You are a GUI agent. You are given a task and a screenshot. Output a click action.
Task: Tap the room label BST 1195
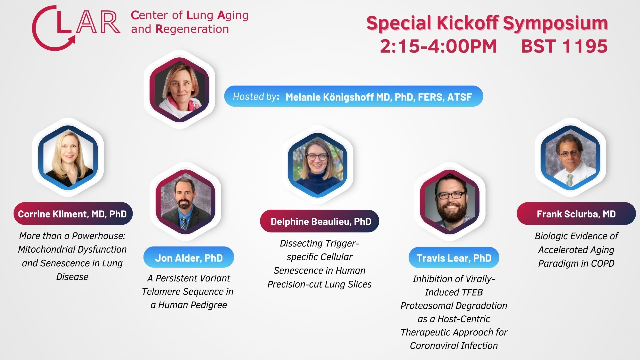coord(564,46)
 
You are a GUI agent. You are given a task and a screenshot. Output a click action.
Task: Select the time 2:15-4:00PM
coord(438,46)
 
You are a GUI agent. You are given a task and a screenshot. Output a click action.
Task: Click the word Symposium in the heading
coord(555,23)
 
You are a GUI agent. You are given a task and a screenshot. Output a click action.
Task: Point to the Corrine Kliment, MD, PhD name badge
coord(73,214)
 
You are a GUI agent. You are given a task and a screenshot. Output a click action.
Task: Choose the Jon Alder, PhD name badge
coord(189,258)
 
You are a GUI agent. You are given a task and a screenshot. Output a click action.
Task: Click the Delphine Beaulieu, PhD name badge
coord(320,221)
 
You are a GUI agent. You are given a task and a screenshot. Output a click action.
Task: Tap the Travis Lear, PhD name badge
coord(454,258)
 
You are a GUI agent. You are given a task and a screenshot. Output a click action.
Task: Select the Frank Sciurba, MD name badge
coord(576,214)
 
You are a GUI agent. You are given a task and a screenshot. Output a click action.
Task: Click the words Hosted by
coord(255,97)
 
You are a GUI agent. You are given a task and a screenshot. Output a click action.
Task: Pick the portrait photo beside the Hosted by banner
coord(179,89)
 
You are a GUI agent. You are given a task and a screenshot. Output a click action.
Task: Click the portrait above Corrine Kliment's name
coord(68,157)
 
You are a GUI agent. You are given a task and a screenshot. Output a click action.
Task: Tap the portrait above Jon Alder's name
coord(185,201)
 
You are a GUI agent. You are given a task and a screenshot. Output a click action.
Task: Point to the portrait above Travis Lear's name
coord(450,201)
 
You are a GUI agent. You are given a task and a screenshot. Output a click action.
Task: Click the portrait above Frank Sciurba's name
coord(570,157)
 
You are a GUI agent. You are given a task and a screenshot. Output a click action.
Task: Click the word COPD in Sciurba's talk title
coord(603,263)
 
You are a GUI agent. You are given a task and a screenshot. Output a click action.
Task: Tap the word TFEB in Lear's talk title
coord(470,292)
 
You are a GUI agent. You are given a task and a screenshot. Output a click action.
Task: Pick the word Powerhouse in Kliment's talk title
coord(99,236)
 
